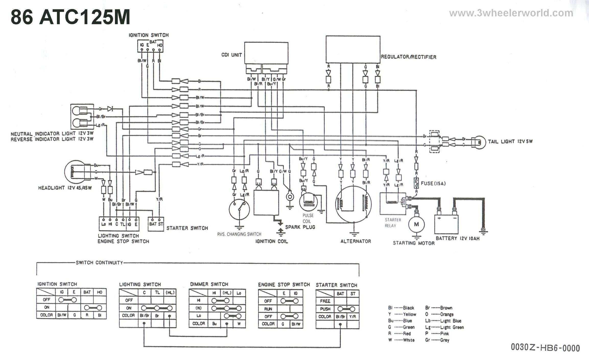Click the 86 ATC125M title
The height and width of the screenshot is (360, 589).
[x=70, y=17]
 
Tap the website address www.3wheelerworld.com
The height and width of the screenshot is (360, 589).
[x=511, y=13]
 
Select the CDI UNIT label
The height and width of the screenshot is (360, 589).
[x=231, y=55]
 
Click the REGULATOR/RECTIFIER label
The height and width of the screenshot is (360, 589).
[x=408, y=57]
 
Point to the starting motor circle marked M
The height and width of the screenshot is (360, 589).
[x=416, y=224]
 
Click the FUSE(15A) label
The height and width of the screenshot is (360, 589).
[x=433, y=183]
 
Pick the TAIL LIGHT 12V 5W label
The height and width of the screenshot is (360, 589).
[x=510, y=141]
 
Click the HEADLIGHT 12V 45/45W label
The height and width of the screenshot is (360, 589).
[x=65, y=188]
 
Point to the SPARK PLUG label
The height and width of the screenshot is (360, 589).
[x=300, y=227]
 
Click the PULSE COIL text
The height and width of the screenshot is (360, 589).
[x=308, y=218]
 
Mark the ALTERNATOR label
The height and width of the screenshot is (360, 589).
[x=356, y=241]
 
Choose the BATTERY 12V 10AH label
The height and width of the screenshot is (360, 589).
[x=457, y=238]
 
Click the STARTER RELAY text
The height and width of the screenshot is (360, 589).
[x=393, y=223]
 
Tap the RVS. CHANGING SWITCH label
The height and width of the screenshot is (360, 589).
[x=239, y=234]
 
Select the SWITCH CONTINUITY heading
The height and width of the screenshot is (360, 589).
[x=99, y=263]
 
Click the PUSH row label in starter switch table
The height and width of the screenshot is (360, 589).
[x=325, y=309]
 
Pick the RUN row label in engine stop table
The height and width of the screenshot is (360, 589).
[x=268, y=309]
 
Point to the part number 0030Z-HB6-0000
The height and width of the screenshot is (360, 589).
[x=545, y=348]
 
